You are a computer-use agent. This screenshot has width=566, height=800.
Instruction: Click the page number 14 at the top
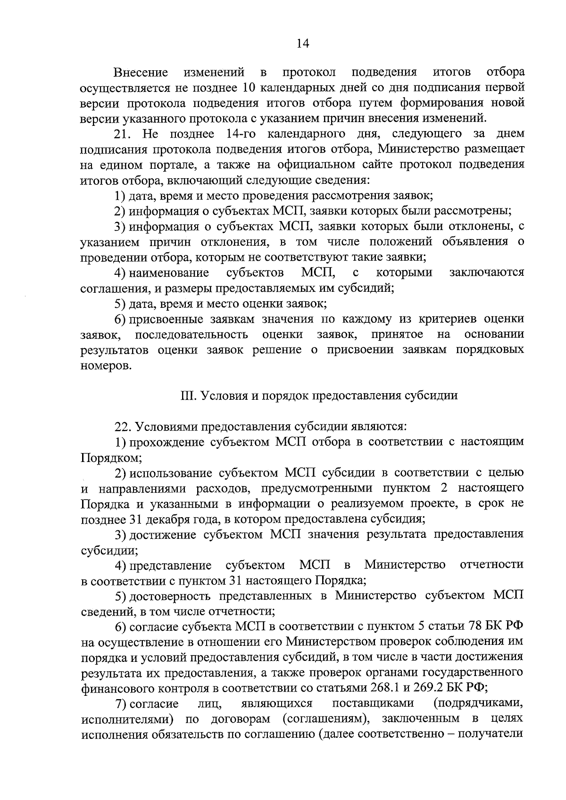302,43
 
